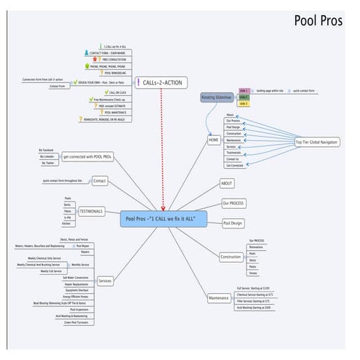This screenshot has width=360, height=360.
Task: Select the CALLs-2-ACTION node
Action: click(x=161, y=84)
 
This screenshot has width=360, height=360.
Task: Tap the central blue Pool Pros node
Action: click(x=163, y=218)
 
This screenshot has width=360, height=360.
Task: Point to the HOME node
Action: click(x=213, y=140)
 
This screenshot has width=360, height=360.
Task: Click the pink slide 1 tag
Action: click(x=243, y=91)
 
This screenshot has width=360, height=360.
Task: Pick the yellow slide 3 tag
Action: click(x=243, y=104)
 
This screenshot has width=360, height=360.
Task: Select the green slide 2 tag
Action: click(x=243, y=97)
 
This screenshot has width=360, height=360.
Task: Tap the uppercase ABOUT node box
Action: click(x=226, y=183)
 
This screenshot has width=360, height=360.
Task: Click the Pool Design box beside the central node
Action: click(x=233, y=223)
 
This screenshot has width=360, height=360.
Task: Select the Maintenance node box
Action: click(x=219, y=297)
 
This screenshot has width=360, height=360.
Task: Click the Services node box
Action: click(x=105, y=281)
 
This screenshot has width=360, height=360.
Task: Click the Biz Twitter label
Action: click(x=47, y=163)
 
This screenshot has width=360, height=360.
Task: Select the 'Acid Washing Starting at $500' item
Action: click(x=253, y=308)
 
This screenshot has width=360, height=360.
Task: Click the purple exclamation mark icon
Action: click(x=137, y=84)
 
